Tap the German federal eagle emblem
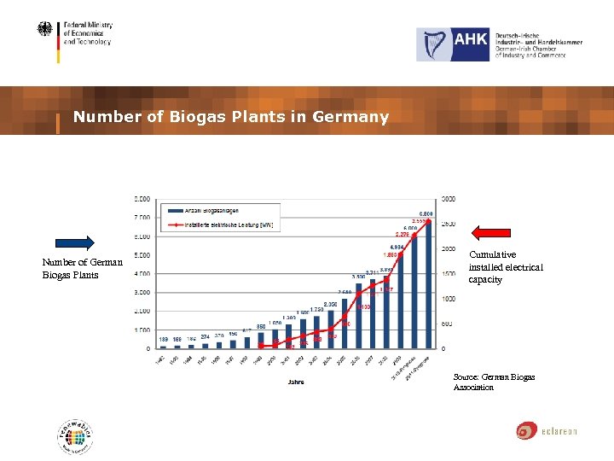[44, 30]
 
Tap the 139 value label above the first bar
[164, 338]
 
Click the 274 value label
[206, 336]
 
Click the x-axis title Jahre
[294, 382]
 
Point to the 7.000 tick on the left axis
[142, 218]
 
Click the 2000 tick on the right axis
[449, 249]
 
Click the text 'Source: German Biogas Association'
[495, 382]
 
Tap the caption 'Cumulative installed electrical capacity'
[505, 267]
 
